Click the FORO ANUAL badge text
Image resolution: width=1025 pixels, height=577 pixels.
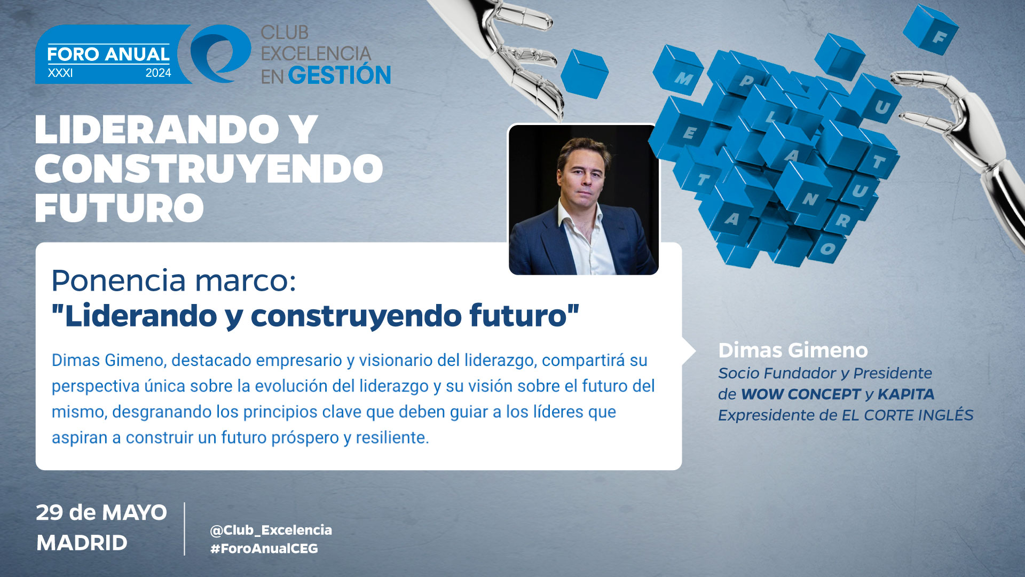[x=108, y=54]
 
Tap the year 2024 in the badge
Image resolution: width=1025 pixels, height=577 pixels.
[x=159, y=73]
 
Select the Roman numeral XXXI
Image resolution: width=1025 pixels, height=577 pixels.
[x=60, y=73]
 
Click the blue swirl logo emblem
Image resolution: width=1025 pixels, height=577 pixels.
[x=220, y=53]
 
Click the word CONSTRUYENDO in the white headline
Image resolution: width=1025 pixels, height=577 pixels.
[x=209, y=169]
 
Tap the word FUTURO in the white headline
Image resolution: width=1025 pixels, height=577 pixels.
[x=120, y=208]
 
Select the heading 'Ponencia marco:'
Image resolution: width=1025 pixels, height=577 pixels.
[x=174, y=280]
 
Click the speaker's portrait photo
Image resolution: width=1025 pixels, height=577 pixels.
[x=584, y=200]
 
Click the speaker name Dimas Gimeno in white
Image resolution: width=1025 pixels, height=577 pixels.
[x=793, y=350]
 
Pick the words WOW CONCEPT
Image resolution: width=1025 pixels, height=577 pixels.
[x=801, y=394]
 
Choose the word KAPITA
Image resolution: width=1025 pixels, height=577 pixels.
[x=906, y=394]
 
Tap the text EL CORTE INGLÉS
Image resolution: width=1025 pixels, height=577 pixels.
[x=908, y=415]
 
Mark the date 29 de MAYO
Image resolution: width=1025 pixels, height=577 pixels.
[x=101, y=513]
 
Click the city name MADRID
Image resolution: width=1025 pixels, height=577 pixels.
[x=82, y=543]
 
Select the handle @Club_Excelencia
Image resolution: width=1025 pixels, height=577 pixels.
[x=271, y=530]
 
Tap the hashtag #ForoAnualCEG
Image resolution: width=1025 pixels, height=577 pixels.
[x=264, y=549]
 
